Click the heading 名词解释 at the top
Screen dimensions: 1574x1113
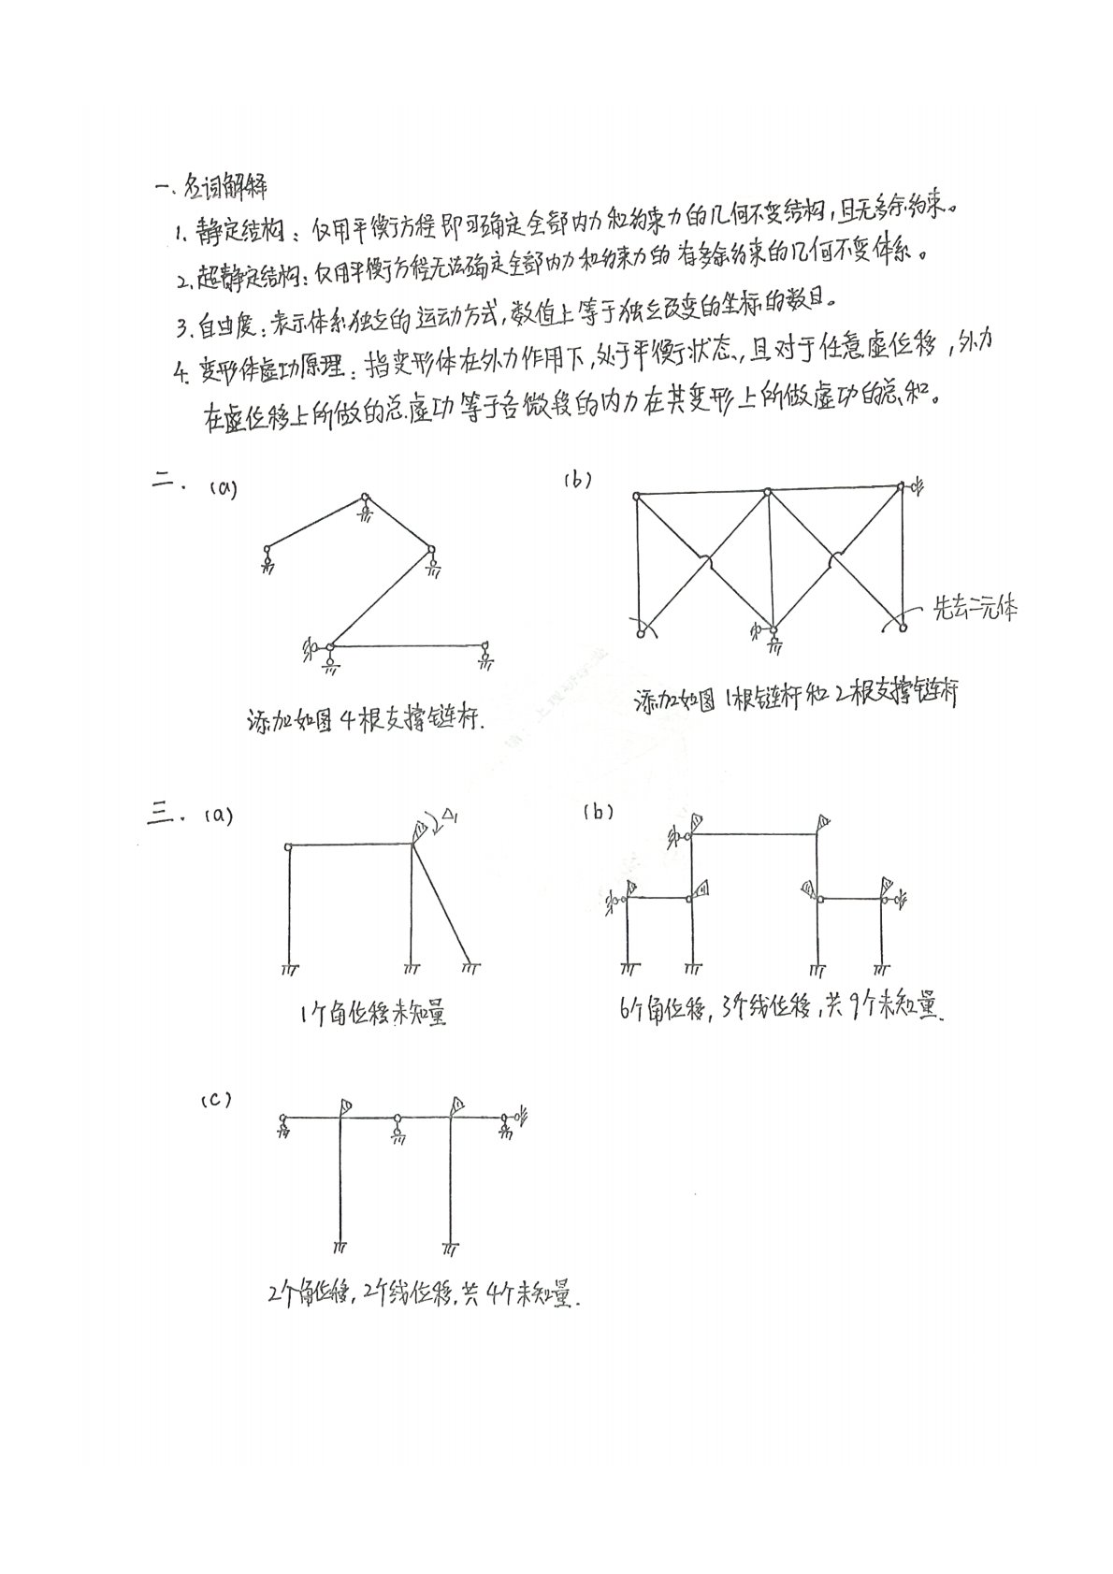(x=222, y=187)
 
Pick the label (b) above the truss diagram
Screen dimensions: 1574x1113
(x=577, y=481)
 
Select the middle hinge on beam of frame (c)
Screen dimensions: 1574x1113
(x=398, y=1119)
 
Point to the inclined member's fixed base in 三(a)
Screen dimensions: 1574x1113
(x=470, y=963)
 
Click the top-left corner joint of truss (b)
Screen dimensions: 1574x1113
(x=636, y=496)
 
